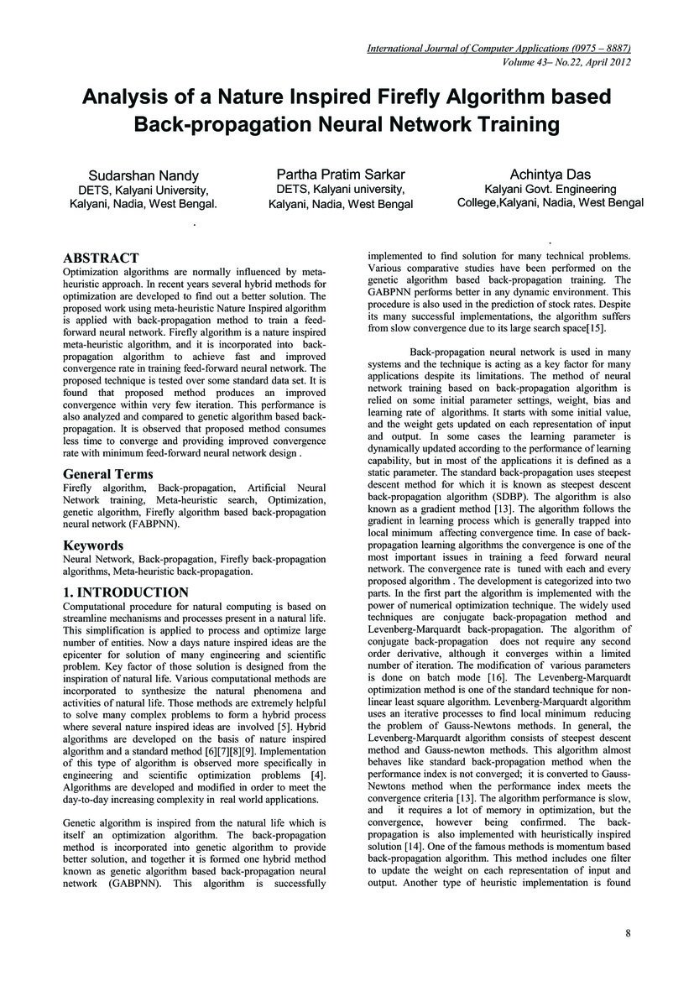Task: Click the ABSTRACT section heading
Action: (x=101, y=258)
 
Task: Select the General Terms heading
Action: (x=108, y=473)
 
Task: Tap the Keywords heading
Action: (x=94, y=545)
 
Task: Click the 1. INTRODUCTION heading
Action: (x=126, y=592)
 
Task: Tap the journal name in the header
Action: (x=498, y=50)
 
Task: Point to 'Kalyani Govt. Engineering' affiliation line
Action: (x=551, y=189)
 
